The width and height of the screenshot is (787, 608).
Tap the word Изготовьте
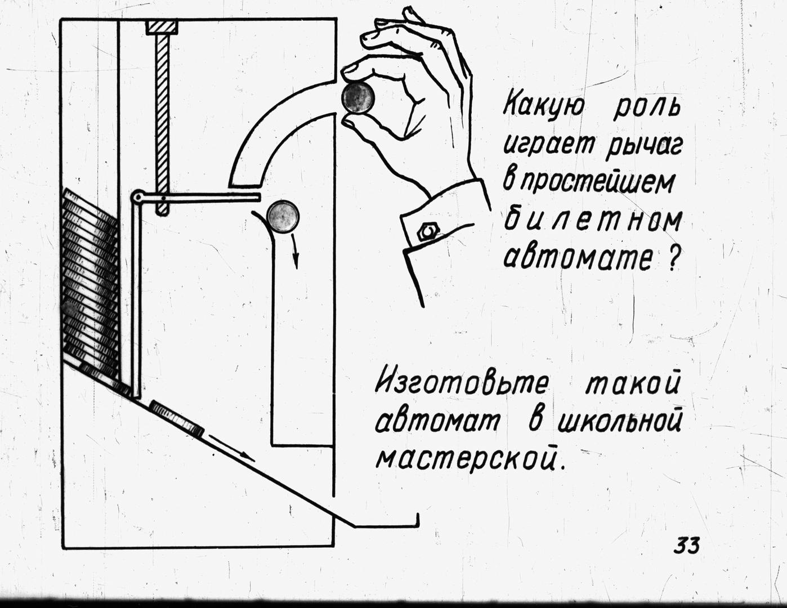462,386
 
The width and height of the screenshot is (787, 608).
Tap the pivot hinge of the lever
137,198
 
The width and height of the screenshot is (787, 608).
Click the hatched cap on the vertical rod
162,26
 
